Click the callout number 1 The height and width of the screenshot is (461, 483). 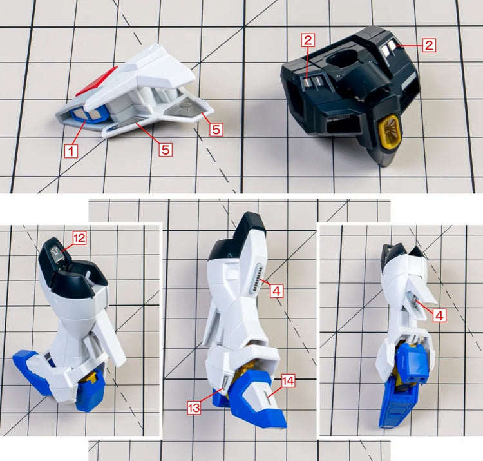tap(71, 151)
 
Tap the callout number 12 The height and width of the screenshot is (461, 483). tap(79, 238)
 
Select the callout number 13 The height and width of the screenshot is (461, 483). tap(194, 407)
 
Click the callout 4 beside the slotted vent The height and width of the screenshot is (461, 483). tap(276, 291)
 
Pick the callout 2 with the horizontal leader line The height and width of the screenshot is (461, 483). tap(429, 45)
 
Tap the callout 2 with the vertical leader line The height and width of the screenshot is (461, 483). tap(308, 40)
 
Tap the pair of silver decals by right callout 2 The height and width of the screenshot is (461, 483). tap(388, 49)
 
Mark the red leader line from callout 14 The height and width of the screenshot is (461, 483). tap(274, 390)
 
